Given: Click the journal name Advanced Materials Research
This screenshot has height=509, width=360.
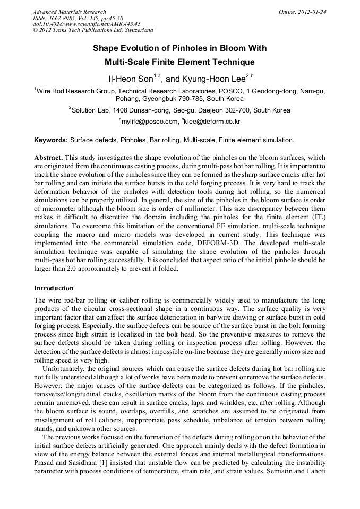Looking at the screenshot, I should (70, 12).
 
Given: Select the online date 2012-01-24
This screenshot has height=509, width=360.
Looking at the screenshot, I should (313, 12).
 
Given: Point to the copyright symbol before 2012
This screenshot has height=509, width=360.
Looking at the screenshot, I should (35, 30).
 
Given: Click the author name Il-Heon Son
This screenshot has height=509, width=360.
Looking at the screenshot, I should (130, 79).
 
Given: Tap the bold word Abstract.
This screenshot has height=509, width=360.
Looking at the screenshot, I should (48, 158).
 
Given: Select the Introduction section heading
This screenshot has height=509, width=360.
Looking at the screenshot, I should (54, 288).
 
